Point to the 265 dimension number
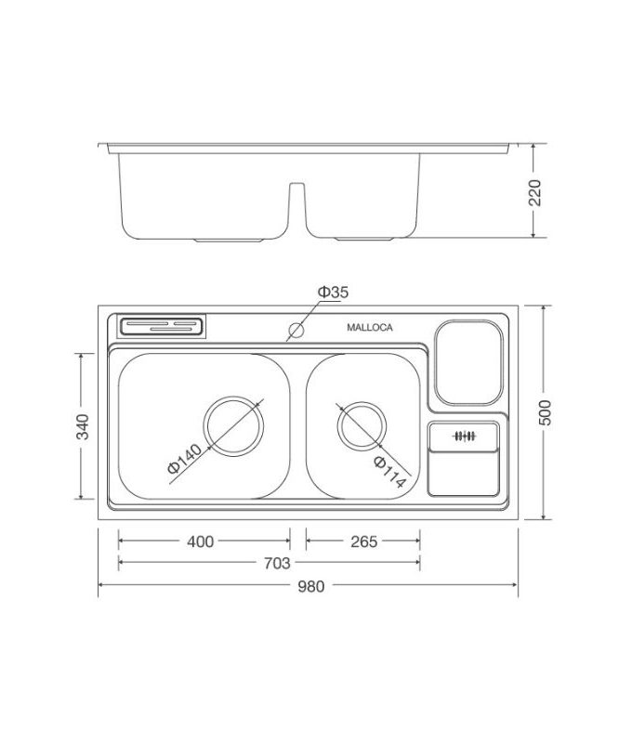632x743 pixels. point(363,541)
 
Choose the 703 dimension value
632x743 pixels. point(277,563)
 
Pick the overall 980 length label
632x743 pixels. point(309,585)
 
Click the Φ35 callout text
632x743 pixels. point(332,293)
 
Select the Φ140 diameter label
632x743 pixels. point(184,460)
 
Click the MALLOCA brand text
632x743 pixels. point(370,328)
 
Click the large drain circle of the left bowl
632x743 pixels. point(233,425)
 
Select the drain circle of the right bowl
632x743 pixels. point(361,426)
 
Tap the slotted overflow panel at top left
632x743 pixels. point(162,326)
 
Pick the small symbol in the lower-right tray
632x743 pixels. point(464,436)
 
